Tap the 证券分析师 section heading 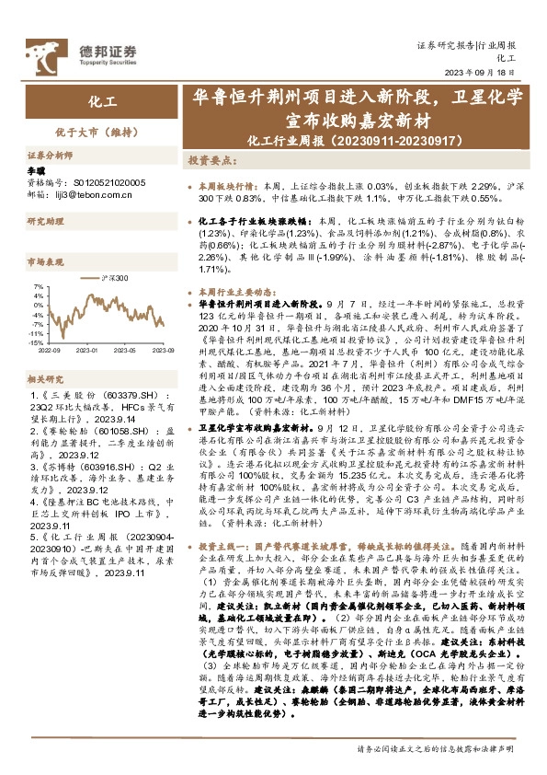click(x=50, y=157)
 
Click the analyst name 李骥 click(x=37, y=171)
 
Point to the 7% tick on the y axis click(x=38, y=287)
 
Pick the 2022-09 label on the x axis click(x=51, y=351)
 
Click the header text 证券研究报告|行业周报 click(x=466, y=44)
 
